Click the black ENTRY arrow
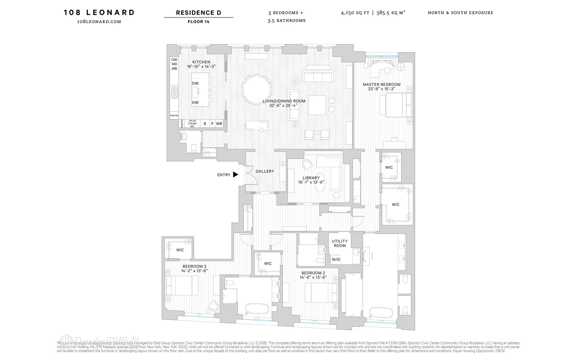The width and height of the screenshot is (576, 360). pos(235,175)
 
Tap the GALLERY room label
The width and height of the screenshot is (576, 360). pos(265,171)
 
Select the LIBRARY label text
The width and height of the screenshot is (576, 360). pos(311,178)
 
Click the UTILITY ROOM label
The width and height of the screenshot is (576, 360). pos(340,243)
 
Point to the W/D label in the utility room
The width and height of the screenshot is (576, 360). pos(336,259)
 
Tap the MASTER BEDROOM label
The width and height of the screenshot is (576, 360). pos(382,85)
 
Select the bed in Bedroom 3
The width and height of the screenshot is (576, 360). pos(182,285)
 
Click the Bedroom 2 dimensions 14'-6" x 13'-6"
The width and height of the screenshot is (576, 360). pos(313,277)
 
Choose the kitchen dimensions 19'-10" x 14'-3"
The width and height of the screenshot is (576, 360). pos(201,67)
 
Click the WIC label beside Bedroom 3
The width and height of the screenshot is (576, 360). pos(180,250)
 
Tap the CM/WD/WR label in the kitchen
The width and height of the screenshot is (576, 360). pos(174,64)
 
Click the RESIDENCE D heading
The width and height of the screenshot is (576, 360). pos(198,13)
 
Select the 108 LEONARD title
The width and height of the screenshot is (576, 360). pos(99,13)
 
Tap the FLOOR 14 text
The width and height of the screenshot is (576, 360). pos(198,22)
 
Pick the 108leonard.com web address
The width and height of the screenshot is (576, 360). pos(99,22)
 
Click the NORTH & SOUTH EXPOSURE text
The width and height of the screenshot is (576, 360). pos(460,13)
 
